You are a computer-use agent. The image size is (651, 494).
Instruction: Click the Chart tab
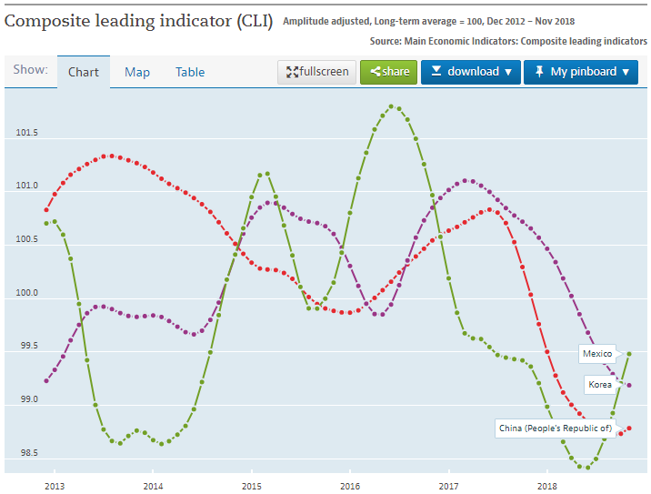tap(84, 72)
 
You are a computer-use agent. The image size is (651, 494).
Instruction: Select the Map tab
tap(137, 72)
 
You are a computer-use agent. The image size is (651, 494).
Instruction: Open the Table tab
tap(190, 72)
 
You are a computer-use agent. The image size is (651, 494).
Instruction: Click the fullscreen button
tap(316, 72)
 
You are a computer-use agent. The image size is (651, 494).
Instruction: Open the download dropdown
tap(470, 72)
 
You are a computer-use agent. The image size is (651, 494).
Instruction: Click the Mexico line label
tap(596, 353)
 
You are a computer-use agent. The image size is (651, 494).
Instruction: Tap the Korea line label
tap(600, 385)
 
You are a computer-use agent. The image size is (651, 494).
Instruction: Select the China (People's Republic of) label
tap(553, 428)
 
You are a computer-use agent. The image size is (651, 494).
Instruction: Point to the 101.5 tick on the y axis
tap(27, 134)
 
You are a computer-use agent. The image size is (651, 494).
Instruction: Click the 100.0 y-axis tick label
tap(27, 293)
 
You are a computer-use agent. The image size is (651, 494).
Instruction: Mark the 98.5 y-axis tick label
tap(27, 452)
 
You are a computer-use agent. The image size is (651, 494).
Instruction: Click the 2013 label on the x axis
tap(54, 486)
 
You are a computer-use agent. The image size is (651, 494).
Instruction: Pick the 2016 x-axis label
tap(350, 486)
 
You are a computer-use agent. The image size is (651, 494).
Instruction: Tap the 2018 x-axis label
tap(547, 486)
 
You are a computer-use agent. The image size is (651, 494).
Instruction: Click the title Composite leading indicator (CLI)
tap(138, 20)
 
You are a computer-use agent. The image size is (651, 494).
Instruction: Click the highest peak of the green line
tap(391, 106)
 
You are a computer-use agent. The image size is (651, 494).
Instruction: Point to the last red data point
tap(629, 428)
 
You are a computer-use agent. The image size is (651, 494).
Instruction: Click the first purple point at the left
tap(46, 380)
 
